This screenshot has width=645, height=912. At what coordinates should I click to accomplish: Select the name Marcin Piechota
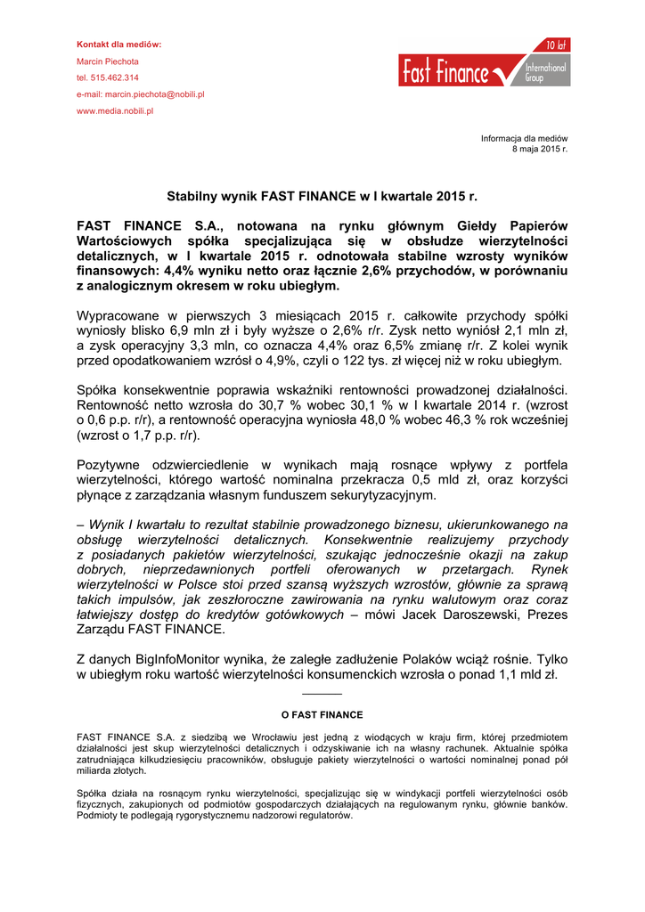pyautogui.click(x=108, y=61)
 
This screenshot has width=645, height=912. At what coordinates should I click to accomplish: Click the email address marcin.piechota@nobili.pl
pyautogui.click(x=156, y=94)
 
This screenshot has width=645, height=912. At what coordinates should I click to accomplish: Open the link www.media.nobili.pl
pyautogui.click(x=116, y=110)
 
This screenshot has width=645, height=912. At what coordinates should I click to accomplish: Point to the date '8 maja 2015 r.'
pyautogui.click(x=539, y=149)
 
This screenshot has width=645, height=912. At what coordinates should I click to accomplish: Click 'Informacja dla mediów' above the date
pyautogui.click(x=524, y=138)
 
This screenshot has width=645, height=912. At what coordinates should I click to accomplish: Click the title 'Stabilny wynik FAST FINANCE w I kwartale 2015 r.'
pyautogui.click(x=322, y=194)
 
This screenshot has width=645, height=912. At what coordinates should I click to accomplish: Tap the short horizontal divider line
pyautogui.click(x=322, y=693)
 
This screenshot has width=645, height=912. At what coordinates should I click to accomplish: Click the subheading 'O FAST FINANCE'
pyautogui.click(x=322, y=714)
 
